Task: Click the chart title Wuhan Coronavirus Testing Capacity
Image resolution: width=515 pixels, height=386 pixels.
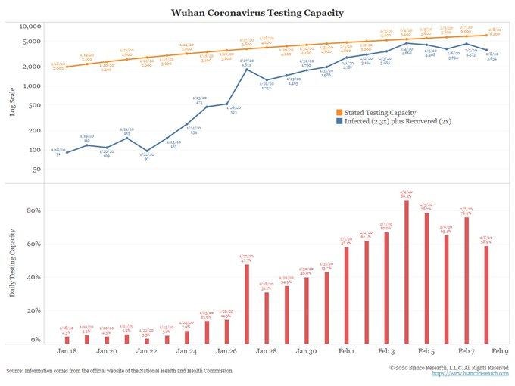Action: pyautogui.click(x=257, y=13)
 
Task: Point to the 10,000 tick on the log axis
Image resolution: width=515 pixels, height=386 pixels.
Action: pyautogui.click(x=30, y=26)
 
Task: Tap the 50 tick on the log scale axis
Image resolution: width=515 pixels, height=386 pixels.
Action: pyautogui.click(x=36, y=169)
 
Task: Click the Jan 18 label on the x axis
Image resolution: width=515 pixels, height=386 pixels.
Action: pyautogui.click(x=67, y=352)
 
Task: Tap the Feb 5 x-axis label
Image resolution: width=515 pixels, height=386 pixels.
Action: pyautogui.click(x=426, y=352)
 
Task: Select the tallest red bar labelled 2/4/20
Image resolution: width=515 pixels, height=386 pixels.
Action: pyautogui.click(x=407, y=272)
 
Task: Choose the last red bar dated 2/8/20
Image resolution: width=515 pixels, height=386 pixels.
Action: pyautogui.click(x=487, y=295)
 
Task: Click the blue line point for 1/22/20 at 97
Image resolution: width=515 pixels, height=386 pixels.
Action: pyautogui.click(x=146, y=151)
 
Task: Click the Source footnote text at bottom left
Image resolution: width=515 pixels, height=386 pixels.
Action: pyautogui.click(x=118, y=371)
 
